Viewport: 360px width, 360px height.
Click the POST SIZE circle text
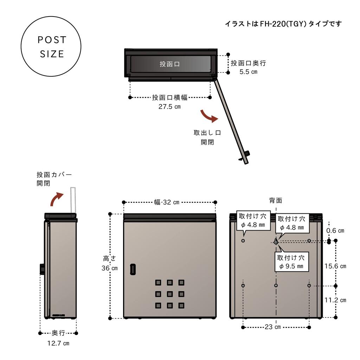tap(51, 47)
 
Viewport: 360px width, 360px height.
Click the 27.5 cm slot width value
tap(169, 107)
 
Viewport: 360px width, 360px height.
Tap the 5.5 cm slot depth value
tap(248, 72)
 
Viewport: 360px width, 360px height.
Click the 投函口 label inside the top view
tap(170, 64)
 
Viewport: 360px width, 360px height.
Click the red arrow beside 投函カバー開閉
tap(56, 199)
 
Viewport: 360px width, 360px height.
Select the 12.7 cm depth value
tap(58, 343)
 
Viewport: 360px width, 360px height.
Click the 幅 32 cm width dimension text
tap(167, 202)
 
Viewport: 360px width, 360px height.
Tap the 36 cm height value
tap(109, 268)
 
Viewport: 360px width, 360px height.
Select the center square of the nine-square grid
tap(169, 294)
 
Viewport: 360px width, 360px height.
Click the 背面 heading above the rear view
tap(276, 200)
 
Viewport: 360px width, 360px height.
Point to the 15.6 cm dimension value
tap(335, 266)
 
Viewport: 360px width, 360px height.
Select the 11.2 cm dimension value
tap(335, 300)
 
